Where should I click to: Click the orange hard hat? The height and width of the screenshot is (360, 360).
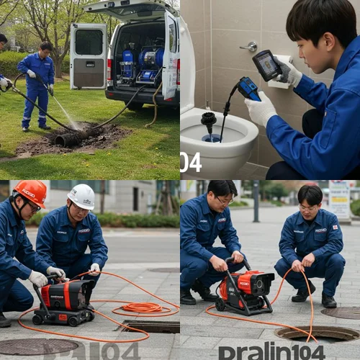(x=30, y=192)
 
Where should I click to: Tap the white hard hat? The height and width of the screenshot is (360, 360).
(x=81, y=195)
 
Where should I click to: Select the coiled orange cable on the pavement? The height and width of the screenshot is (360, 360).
(x=142, y=307)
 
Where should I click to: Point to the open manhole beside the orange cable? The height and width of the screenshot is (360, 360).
(x=316, y=333)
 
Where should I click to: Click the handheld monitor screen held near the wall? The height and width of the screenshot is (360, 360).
(x=266, y=65)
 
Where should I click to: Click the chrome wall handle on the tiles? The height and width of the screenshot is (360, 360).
(x=249, y=47)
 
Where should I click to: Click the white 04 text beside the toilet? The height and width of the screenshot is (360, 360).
(x=191, y=162)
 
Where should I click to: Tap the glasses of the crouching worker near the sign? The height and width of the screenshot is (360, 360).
(x=308, y=207)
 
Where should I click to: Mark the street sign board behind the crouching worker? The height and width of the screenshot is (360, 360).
(x=339, y=198)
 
